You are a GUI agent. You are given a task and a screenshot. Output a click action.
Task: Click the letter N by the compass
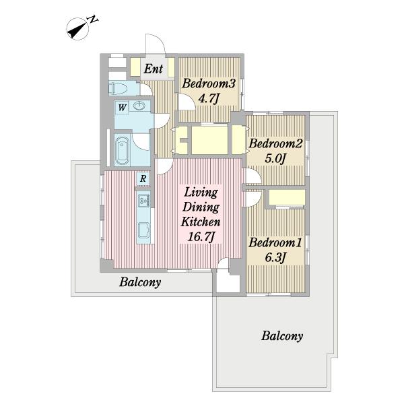93,20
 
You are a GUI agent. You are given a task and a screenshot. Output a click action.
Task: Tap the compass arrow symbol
77,29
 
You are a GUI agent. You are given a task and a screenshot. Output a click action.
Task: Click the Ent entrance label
154,69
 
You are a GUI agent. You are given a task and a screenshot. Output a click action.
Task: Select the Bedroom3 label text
209,83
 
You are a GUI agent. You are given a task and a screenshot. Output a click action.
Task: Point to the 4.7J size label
209,99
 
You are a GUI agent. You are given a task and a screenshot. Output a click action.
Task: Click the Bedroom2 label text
275,143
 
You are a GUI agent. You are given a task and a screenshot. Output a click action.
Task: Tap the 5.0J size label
275,159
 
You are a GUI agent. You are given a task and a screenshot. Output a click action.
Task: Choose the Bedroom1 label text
275,242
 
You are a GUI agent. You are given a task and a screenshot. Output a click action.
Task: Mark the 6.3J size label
275,258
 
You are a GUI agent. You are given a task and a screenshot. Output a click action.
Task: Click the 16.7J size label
201,237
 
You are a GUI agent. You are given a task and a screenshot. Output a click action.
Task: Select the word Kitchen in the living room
201,222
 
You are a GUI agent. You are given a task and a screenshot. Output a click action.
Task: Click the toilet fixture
118,89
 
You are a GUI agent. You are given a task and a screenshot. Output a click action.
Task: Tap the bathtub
122,151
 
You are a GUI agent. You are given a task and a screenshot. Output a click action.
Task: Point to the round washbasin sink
139,106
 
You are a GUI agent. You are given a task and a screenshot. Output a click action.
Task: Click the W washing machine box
122,108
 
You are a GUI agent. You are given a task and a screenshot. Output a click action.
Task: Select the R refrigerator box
143,178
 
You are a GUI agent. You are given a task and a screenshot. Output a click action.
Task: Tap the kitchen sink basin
144,230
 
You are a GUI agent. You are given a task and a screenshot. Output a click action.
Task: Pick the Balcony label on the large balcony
282,336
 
